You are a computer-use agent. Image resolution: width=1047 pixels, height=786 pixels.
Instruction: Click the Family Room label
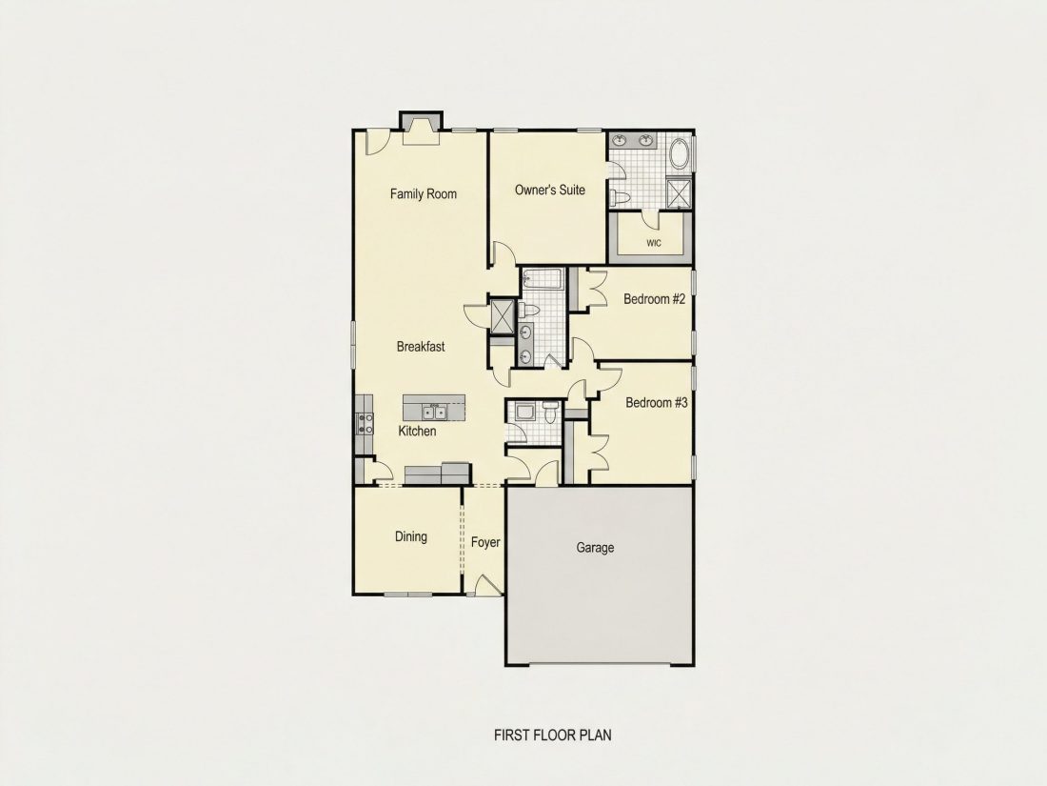pyautogui.click(x=424, y=193)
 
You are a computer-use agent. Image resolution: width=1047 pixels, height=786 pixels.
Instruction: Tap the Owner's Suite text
pyautogui.click(x=549, y=190)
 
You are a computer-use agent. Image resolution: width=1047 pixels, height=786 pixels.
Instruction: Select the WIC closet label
pyautogui.click(x=654, y=243)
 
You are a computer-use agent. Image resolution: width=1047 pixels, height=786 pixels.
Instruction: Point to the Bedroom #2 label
pyautogui.click(x=655, y=299)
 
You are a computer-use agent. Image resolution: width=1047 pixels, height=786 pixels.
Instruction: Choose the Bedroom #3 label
pyautogui.click(x=657, y=402)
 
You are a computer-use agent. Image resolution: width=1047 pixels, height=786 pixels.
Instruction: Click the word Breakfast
pyautogui.click(x=421, y=346)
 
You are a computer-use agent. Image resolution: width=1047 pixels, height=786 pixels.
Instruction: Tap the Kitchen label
pyautogui.click(x=417, y=431)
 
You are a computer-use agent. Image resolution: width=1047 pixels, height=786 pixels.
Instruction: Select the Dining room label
pyautogui.click(x=410, y=536)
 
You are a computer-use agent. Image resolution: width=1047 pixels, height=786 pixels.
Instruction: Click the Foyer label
pyautogui.click(x=485, y=542)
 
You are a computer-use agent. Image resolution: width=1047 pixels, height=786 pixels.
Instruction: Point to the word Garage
pyautogui.click(x=595, y=548)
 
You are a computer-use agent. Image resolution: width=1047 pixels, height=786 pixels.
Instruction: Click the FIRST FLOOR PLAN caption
pyautogui.click(x=552, y=736)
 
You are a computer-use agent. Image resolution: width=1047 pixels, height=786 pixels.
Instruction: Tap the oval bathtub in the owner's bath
pyautogui.click(x=679, y=153)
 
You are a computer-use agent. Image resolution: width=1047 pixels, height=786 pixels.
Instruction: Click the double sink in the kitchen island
pyautogui.click(x=433, y=411)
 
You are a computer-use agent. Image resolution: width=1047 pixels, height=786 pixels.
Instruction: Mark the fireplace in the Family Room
pyautogui.click(x=421, y=129)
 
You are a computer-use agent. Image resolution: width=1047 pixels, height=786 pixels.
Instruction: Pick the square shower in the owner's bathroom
pyautogui.click(x=679, y=193)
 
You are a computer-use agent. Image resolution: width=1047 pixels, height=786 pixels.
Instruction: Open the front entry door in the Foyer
pyautogui.click(x=486, y=586)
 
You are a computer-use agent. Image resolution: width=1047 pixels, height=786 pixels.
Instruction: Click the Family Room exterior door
pyautogui.click(x=376, y=142)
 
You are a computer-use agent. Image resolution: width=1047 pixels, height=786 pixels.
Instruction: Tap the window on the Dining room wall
pyautogui.click(x=409, y=595)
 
